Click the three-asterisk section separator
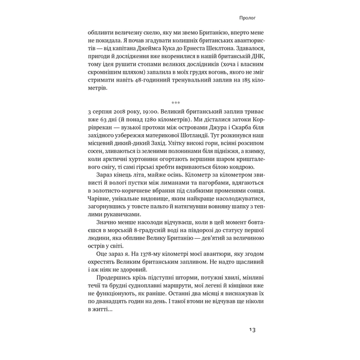(175, 103)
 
